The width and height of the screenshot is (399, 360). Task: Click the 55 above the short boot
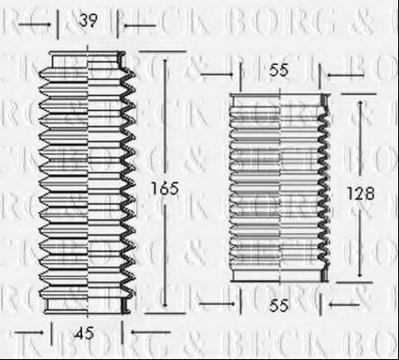[279, 68]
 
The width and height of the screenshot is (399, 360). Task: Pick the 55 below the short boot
[279, 307]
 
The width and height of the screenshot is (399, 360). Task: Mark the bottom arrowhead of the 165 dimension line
[166, 310]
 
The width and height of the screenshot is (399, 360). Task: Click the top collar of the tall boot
[88, 61]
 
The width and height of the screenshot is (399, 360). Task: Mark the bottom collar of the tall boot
[88, 309]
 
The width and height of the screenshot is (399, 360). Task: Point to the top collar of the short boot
[277, 97]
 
